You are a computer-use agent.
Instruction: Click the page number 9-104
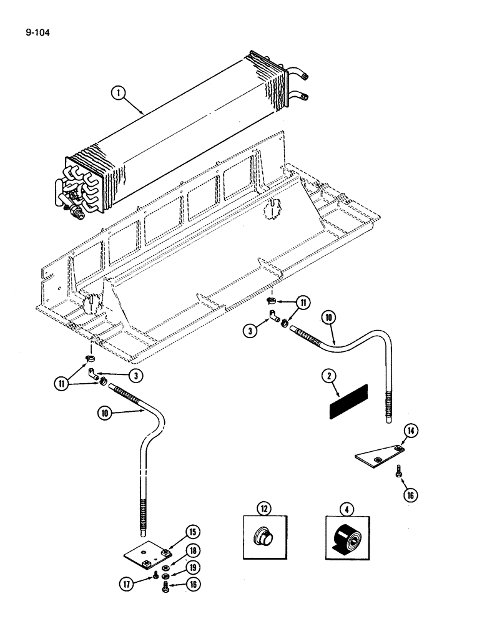[x=36, y=27]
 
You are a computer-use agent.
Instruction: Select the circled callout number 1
[x=117, y=94]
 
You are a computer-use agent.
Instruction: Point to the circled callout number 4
[x=348, y=509]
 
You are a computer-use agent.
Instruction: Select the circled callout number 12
[x=265, y=509]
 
